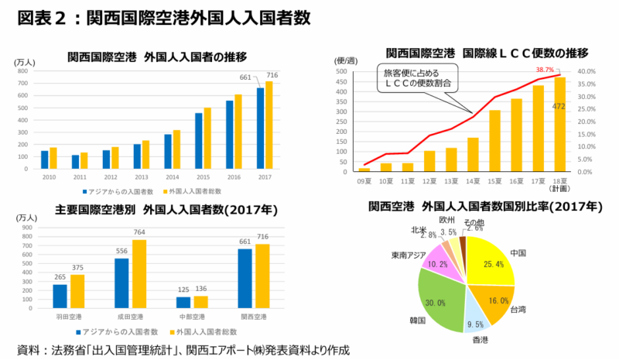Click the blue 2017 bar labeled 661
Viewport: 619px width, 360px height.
point(260,128)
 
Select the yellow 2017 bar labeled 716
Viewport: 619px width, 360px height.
point(269,125)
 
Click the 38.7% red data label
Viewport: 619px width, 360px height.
point(545,70)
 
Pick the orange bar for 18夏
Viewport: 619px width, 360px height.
point(559,124)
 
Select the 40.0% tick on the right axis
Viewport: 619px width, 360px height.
point(585,71)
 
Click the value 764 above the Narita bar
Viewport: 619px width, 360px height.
point(141,232)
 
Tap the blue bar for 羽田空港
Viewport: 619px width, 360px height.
point(60,297)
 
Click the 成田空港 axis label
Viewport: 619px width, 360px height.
point(131,317)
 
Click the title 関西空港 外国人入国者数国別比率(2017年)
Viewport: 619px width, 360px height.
point(486,207)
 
